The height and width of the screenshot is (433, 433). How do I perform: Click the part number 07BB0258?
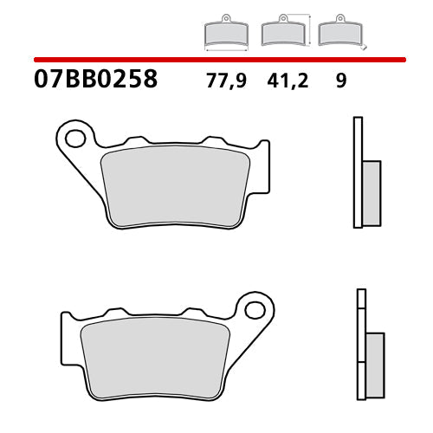[x=95, y=81]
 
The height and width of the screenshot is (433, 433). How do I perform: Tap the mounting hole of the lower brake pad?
[x=255, y=308]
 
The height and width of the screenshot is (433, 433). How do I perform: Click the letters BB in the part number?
[x=79, y=81]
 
